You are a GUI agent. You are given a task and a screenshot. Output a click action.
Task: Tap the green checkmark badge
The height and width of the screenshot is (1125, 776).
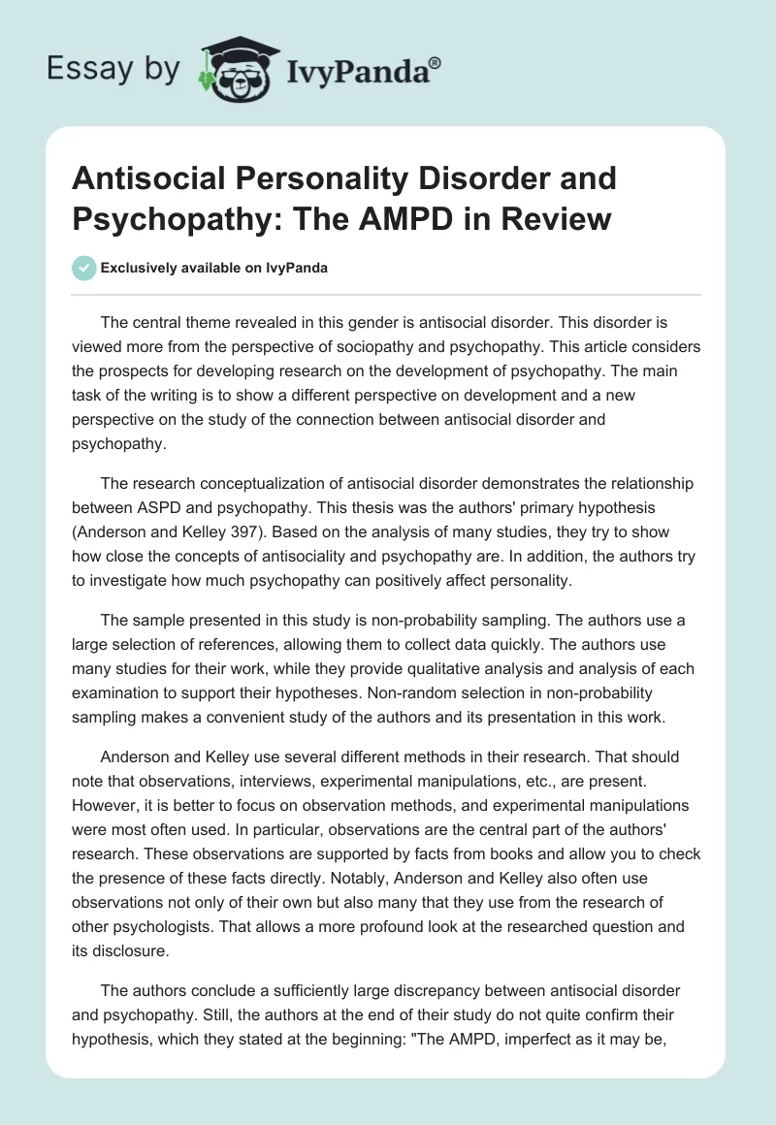(84, 268)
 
